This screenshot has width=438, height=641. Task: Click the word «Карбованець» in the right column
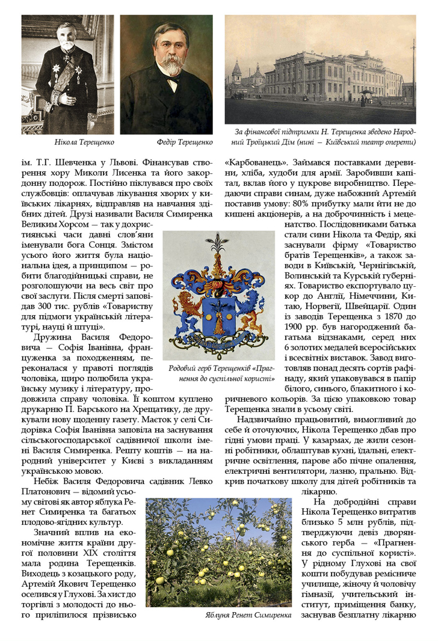pyautogui.click(x=253, y=162)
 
